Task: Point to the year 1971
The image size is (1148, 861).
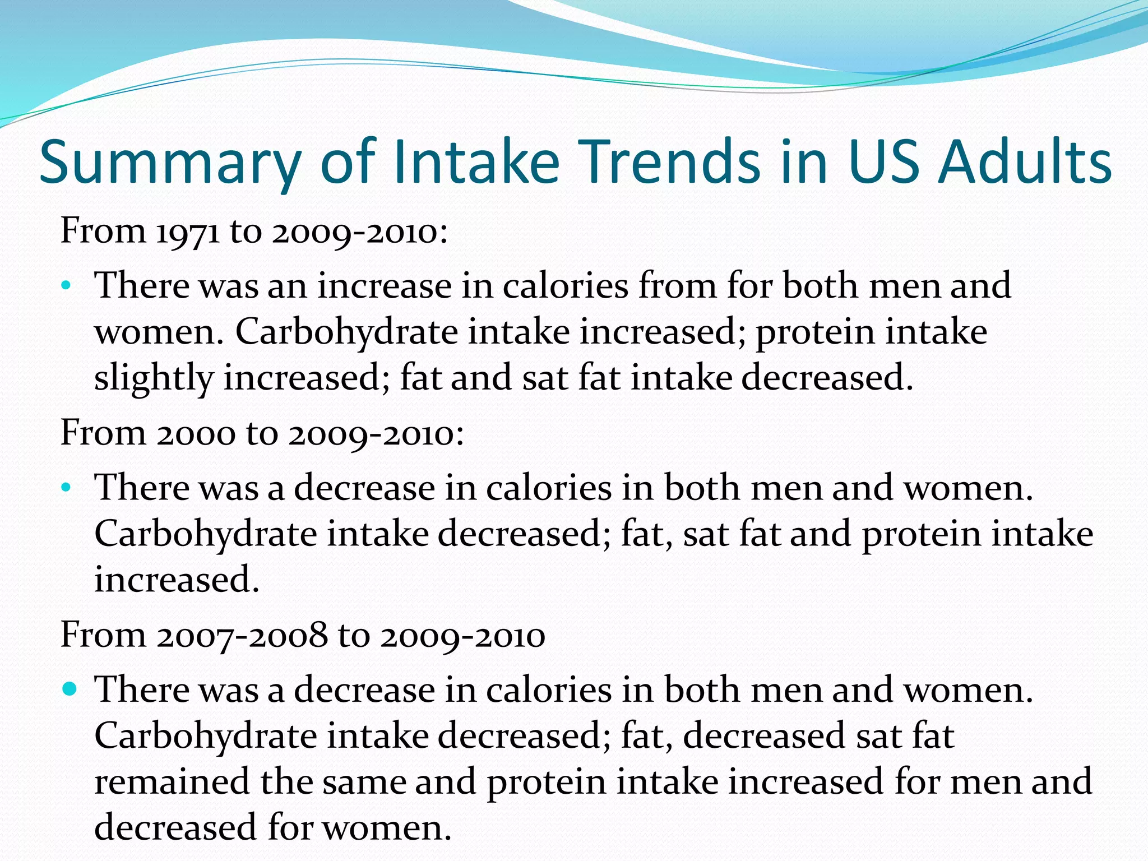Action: (x=187, y=231)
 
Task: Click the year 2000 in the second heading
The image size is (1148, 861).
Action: (x=196, y=433)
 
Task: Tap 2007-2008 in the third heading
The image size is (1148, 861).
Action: (x=242, y=636)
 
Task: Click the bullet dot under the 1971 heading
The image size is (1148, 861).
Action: (x=66, y=286)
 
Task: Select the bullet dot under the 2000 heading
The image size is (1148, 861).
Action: (x=66, y=488)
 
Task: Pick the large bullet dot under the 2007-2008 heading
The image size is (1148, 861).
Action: (x=69, y=689)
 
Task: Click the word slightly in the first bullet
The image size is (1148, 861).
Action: (x=154, y=378)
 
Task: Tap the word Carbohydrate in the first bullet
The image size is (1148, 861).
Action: (x=346, y=332)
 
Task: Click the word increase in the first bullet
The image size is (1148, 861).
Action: (x=385, y=286)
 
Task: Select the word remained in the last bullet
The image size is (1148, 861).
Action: (x=172, y=781)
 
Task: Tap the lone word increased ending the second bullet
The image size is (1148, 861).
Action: (x=176, y=580)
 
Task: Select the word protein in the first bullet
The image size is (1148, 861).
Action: (x=814, y=332)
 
